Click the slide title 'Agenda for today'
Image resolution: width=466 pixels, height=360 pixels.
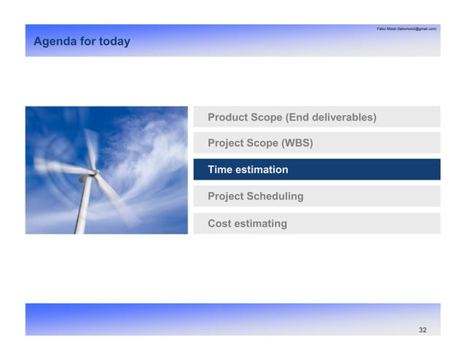pyautogui.click(x=82, y=42)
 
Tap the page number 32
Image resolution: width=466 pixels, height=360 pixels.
pyautogui.click(x=422, y=331)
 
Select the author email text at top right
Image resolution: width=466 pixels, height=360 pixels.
pyautogui.click(x=406, y=28)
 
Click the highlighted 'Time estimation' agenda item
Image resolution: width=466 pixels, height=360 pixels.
pyautogui.click(x=316, y=169)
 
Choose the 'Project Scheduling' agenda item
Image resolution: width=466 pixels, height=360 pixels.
pyautogui.click(x=316, y=196)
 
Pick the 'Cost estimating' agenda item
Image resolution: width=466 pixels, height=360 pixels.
pyautogui.click(x=316, y=223)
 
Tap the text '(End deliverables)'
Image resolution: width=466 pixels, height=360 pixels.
pyautogui.click(x=331, y=117)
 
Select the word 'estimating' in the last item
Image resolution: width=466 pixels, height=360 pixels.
pyautogui.click(x=261, y=223)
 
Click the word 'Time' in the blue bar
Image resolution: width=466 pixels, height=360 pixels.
pyautogui.click(x=220, y=169)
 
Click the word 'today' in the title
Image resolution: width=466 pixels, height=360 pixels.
pyautogui.click(x=115, y=42)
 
